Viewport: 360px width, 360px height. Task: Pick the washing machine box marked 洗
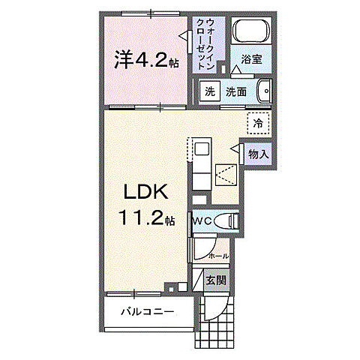point(210,91)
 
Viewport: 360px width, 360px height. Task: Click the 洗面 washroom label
point(236,91)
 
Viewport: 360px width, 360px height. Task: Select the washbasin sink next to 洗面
point(262,91)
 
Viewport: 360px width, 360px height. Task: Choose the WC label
point(202,221)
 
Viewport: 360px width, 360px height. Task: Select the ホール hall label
point(218,256)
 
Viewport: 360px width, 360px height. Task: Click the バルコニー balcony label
point(148,311)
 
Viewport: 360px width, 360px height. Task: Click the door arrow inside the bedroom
point(183,34)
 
